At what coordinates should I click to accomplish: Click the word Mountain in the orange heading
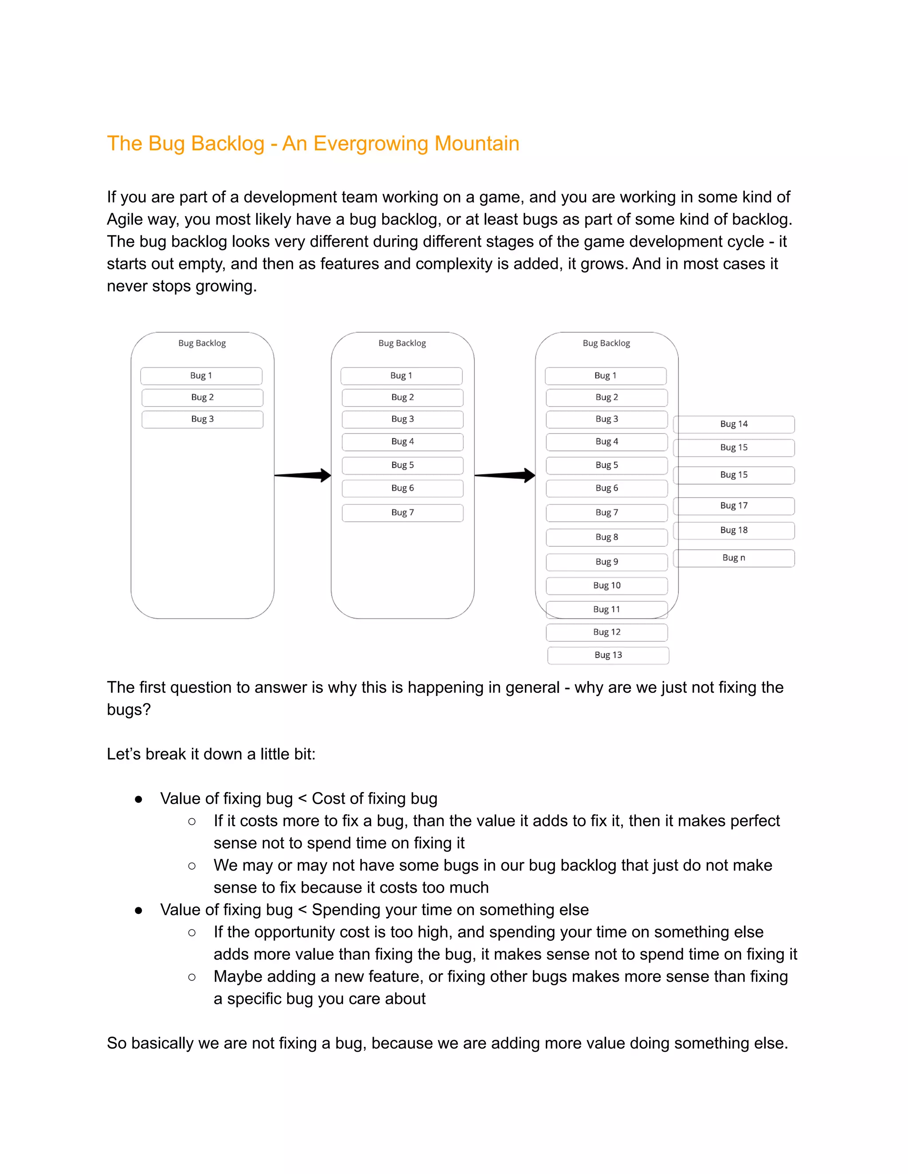click(477, 144)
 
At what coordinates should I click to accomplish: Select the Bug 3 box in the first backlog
click(202, 419)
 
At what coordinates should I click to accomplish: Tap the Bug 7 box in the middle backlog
click(403, 513)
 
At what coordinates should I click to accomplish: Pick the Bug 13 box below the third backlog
click(608, 655)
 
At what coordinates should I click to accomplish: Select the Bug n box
click(734, 558)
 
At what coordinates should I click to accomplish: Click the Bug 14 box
click(734, 424)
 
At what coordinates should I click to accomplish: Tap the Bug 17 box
click(734, 506)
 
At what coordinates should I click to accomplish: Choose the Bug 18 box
click(734, 531)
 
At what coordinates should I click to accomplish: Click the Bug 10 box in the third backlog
click(607, 586)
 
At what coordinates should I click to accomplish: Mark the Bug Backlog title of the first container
click(202, 343)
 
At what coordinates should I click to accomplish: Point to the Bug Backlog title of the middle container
click(403, 343)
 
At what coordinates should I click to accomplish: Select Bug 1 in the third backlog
click(606, 376)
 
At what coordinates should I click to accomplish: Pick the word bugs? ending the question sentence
click(129, 710)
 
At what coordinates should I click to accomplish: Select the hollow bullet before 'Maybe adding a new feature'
click(192, 977)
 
